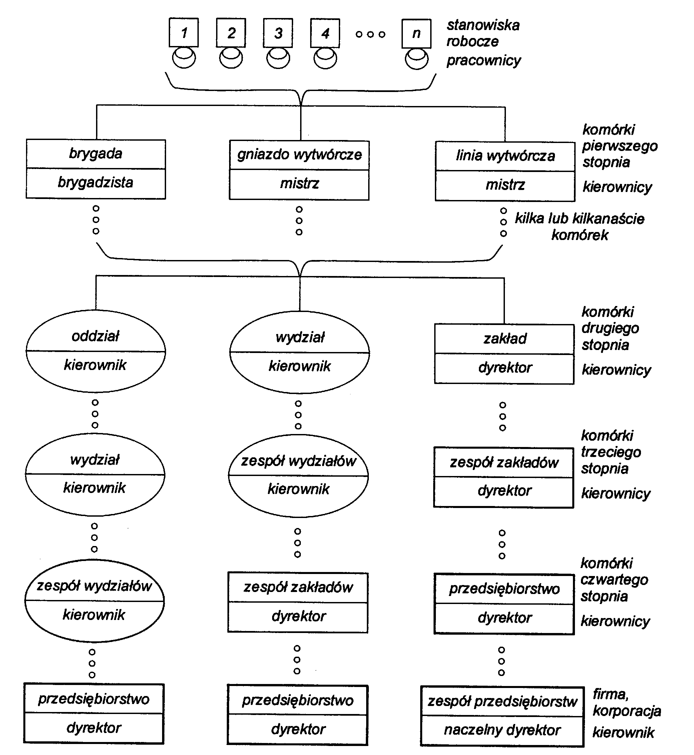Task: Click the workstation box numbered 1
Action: pyautogui.click(x=184, y=33)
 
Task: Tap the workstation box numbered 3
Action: pyautogui.click(x=278, y=33)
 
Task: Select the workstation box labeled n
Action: pyautogui.click(x=416, y=34)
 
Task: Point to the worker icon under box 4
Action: pyautogui.click(x=325, y=59)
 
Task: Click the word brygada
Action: pyautogui.click(x=95, y=154)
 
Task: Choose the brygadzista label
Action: pyautogui.click(x=95, y=182)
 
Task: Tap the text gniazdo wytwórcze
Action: pyautogui.click(x=299, y=155)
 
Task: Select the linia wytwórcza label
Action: pyautogui.click(x=505, y=156)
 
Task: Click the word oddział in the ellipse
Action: pyautogui.click(x=95, y=336)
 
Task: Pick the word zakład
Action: pyautogui.click(x=505, y=339)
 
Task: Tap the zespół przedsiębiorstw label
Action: pyautogui.click(x=502, y=701)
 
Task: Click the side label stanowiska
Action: pyautogui.click(x=483, y=25)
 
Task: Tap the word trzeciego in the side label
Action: pyautogui.click(x=611, y=452)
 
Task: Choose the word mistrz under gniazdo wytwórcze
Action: pyautogui.click(x=299, y=184)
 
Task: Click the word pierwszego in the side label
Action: pyautogui.click(x=620, y=146)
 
